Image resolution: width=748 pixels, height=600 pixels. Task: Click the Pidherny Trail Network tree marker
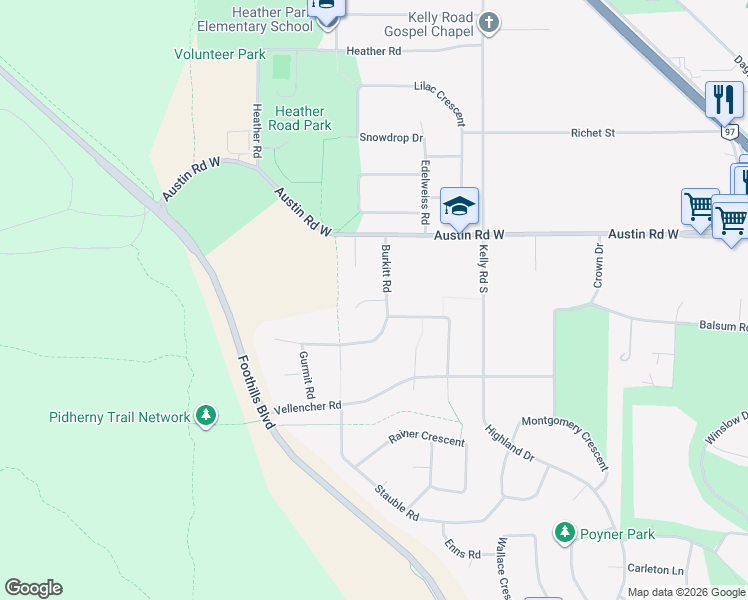(x=206, y=415)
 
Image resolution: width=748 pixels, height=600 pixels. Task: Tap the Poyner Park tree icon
(x=564, y=533)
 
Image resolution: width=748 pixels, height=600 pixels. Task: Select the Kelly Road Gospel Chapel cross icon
(x=488, y=22)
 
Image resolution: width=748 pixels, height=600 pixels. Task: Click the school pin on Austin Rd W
(x=459, y=207)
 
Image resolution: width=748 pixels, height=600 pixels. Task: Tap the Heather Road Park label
(x=301, y=119)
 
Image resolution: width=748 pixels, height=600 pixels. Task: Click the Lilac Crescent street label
(x=440, y=103)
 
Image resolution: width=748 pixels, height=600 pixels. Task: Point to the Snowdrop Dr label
(x=391, y=138)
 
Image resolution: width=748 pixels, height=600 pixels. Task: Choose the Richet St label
(x=592, y=132)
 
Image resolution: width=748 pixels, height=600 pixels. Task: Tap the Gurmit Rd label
(x=307, y=372)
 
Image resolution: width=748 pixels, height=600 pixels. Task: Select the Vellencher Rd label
(x=309, y=405)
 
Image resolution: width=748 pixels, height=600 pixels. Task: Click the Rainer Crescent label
(x=427, y=438)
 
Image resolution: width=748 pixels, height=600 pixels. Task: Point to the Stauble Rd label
(x=396, y=501)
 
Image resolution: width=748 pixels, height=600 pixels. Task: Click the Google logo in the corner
(x=33, y=588)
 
